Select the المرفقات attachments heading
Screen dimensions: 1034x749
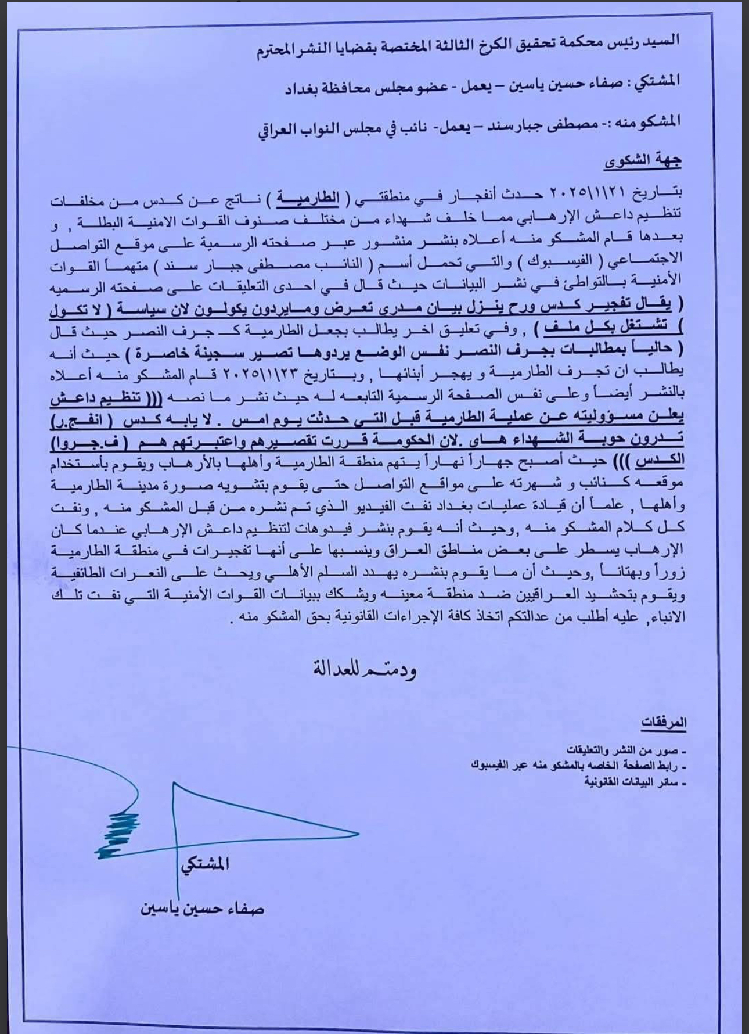664,722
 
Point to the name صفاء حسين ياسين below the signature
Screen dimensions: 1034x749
203,908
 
